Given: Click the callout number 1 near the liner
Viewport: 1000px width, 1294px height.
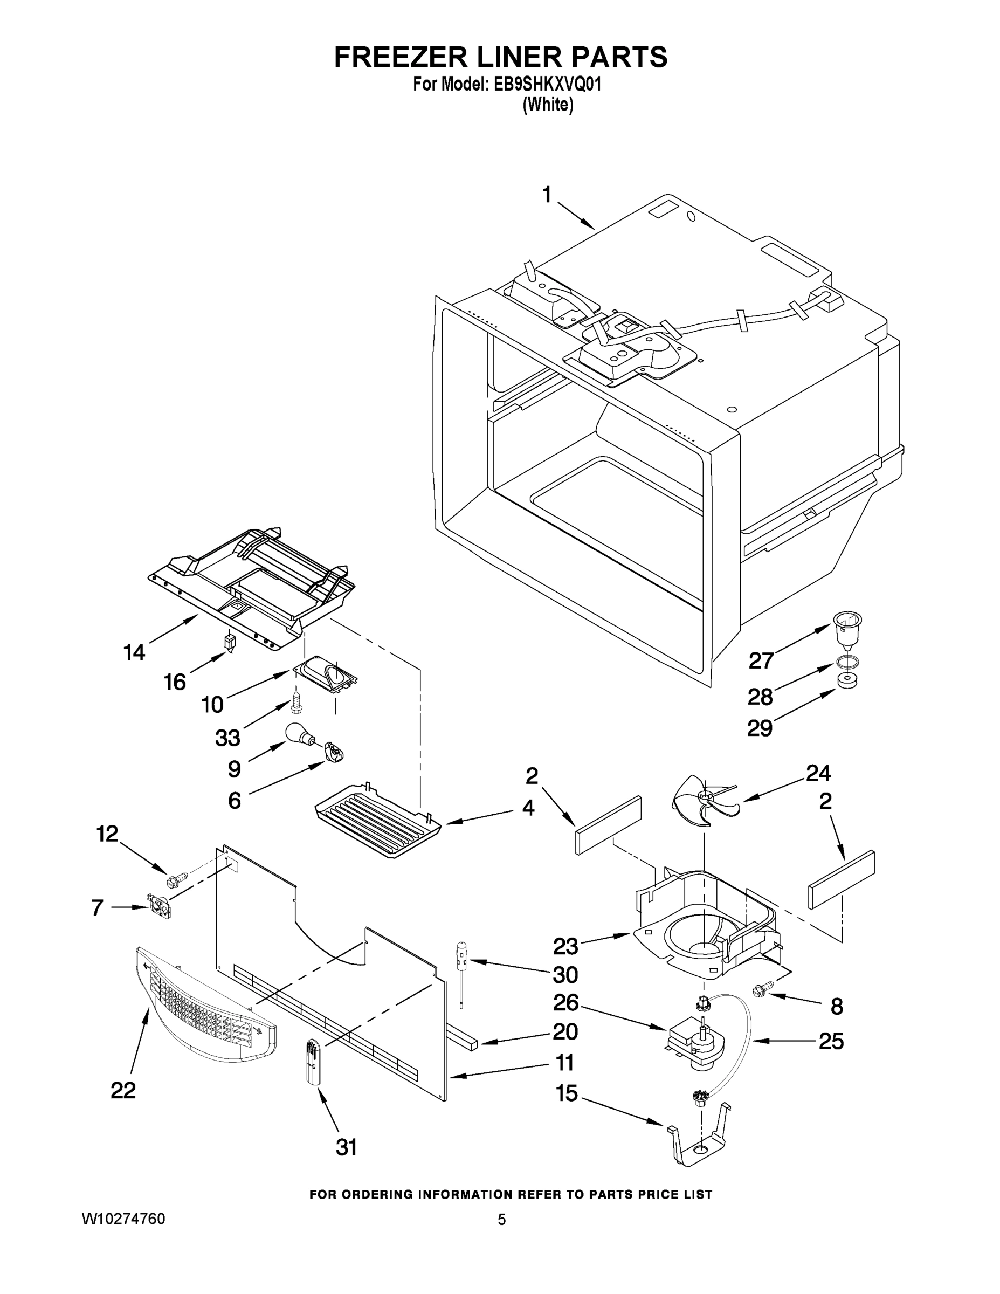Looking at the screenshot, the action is (x=547, y=195).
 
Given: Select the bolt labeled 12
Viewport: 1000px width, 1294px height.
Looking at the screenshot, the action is (x=178, y=882).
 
